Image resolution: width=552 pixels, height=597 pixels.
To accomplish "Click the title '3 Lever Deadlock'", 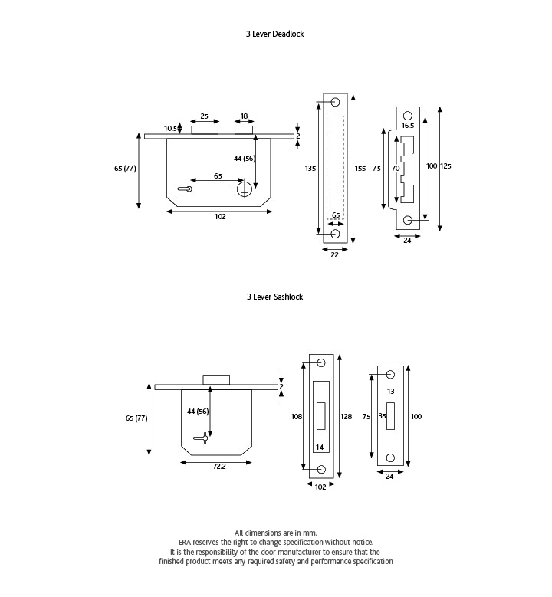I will point(274,34).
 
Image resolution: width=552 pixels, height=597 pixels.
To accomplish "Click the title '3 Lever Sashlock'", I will point(274,297).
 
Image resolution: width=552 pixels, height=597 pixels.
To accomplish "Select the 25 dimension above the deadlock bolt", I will point(204,116).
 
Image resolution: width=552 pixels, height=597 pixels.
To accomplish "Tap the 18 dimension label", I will point(244,116).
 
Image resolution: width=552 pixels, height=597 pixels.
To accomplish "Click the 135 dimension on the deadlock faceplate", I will point(310,168).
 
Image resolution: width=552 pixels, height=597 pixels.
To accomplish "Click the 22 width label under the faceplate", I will point(334,255).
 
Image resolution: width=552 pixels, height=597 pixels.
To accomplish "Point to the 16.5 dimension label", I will point(408,125).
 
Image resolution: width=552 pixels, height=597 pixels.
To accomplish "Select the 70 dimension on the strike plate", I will point(396,168).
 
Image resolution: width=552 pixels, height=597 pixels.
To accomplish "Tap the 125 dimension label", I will point(446,166).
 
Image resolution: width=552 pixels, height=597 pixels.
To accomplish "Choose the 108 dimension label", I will point(297,417).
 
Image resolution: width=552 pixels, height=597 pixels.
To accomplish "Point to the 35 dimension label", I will point(382,417).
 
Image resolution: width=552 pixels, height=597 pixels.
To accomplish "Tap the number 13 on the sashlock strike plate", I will point(390,391).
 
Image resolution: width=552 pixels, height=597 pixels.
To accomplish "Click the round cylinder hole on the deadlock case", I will point(244,189).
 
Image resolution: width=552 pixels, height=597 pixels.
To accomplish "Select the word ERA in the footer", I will point(185,542).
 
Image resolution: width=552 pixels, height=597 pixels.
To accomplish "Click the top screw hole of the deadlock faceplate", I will point(335,103).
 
